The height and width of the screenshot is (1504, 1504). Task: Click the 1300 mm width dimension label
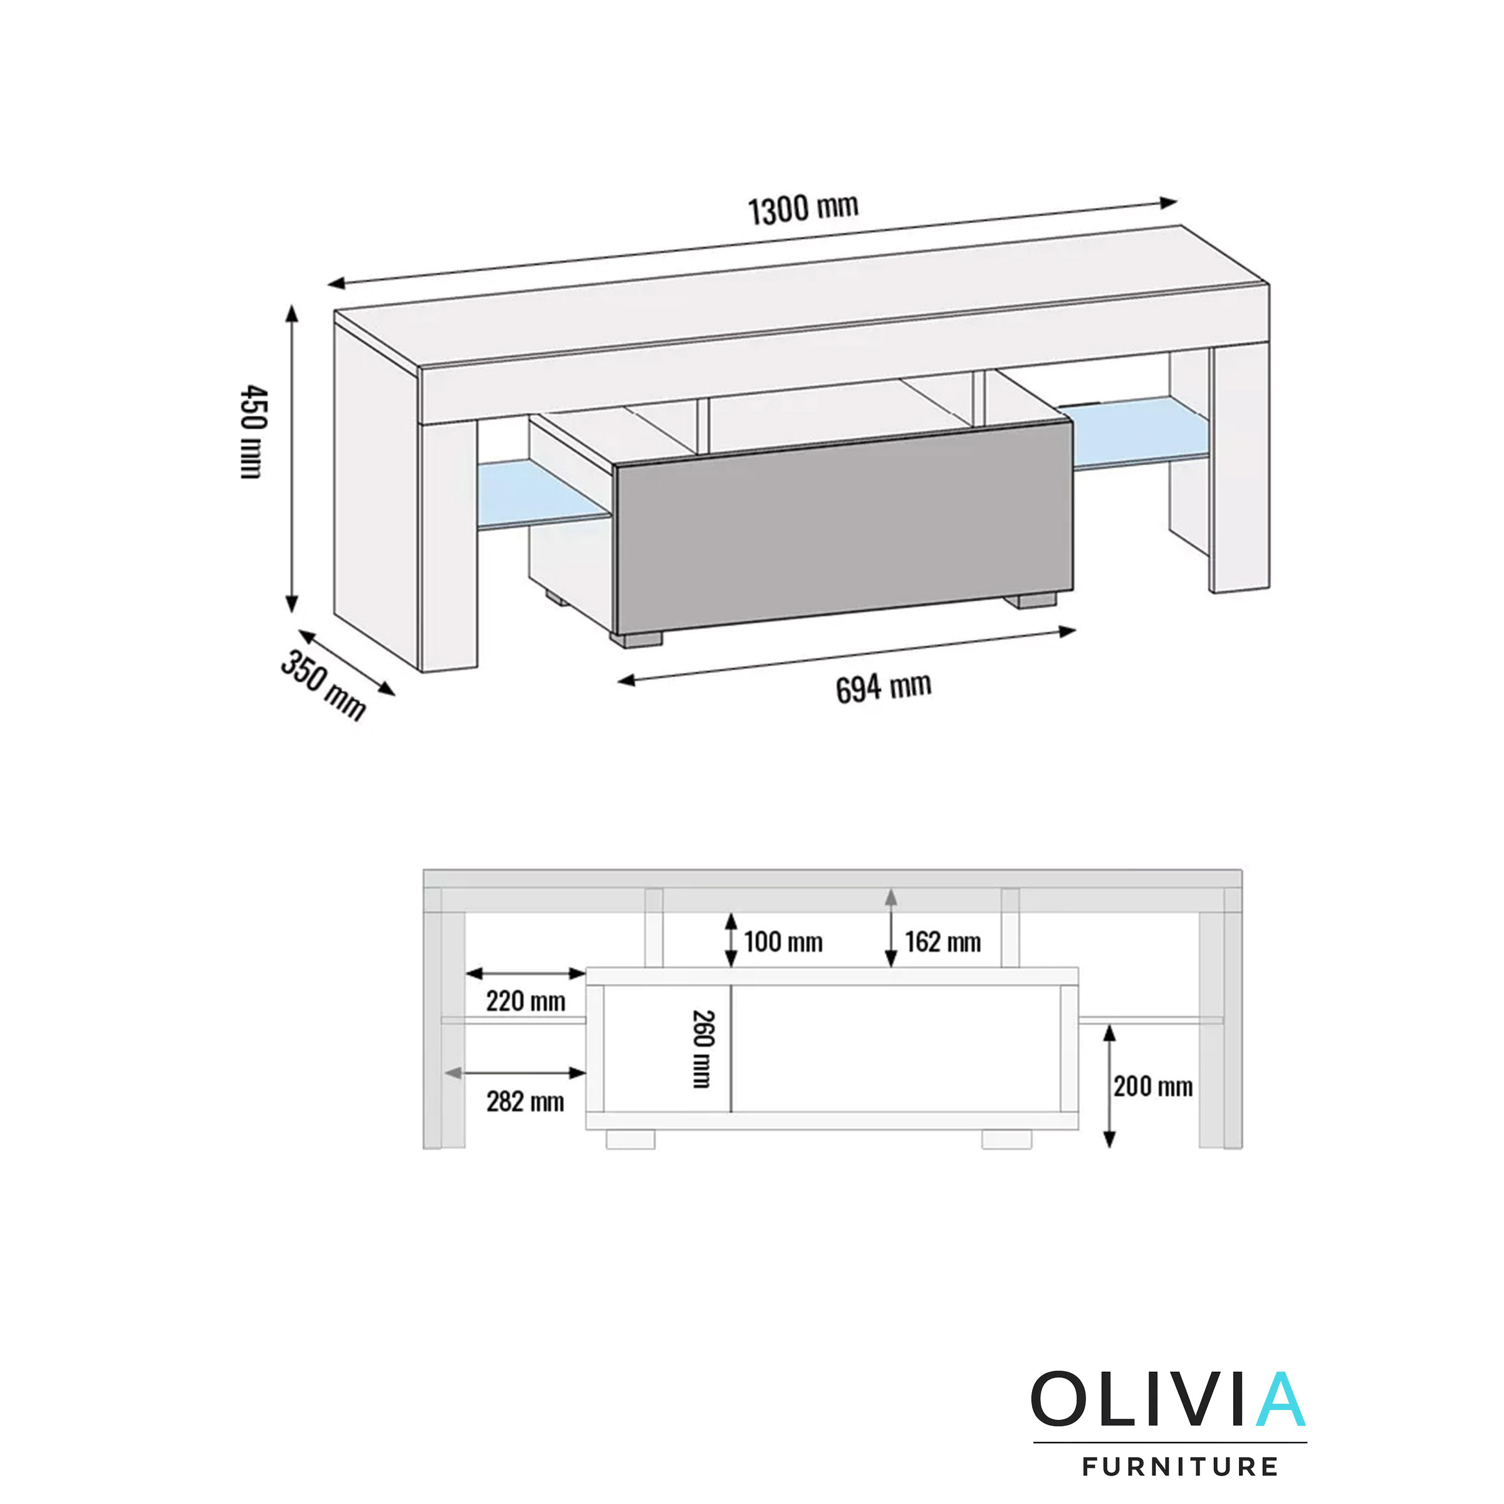(x=803, y=209)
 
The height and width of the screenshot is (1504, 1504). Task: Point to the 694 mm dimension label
(x=883, y=687)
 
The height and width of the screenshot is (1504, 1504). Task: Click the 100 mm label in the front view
(x=782, y=942)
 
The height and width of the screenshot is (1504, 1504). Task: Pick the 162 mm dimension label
(x=942, y=942)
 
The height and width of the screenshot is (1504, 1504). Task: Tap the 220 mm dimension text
(x=526, y=1001)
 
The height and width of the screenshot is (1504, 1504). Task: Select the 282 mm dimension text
(x=526, y=1102)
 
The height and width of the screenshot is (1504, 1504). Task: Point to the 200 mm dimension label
(x=1152, y=1086)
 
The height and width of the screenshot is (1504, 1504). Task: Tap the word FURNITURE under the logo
(x=1179, y=1466)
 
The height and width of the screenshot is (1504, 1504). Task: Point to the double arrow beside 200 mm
(x=1110, y=1086)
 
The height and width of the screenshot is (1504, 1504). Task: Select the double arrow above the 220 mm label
(x=526, y=973)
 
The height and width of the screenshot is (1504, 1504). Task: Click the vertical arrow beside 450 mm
(x=292, y=459)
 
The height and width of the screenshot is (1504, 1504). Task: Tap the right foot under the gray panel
(x=1029, y=600)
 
